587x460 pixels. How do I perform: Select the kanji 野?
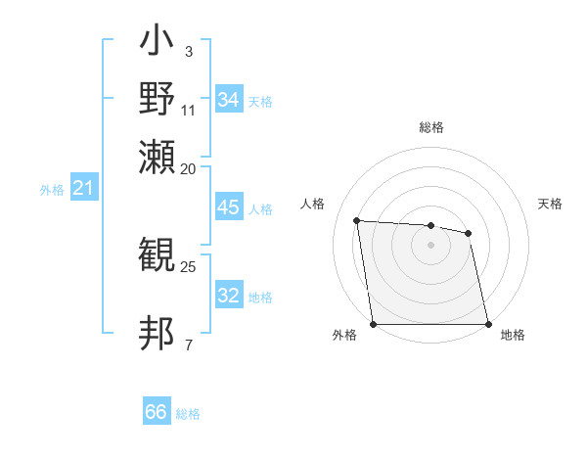[158, 100]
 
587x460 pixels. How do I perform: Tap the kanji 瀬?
[158, 157]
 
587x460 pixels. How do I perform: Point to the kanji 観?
[158, 255]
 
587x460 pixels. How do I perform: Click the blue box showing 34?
[228, 100]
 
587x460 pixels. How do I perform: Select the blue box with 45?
[228, 208]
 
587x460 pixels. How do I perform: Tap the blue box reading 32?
[228, 296]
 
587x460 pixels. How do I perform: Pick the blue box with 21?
[83, 189]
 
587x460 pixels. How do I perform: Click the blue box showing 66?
[157, 412]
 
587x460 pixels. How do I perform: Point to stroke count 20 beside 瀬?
[189, 168]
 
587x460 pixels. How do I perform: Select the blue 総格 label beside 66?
[188, 414]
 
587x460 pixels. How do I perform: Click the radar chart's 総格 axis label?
[431, 127]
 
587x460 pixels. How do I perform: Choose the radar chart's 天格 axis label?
[551, 204]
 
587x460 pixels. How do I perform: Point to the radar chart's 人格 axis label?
[313, 204]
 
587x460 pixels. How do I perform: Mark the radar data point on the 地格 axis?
[488, 324]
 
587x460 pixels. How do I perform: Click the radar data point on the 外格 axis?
[373, 324]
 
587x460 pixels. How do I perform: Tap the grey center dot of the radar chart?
[430, 245]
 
